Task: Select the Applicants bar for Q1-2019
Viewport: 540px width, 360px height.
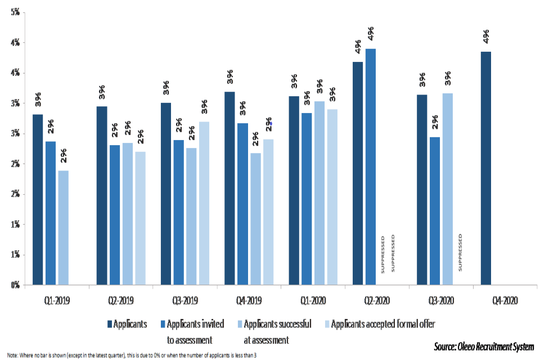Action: point(38,200)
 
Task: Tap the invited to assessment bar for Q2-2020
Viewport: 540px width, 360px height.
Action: point(370,166)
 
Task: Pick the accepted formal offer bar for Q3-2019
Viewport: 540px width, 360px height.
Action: point(204,203)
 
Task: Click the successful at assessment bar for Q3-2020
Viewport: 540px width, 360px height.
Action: point(447,189)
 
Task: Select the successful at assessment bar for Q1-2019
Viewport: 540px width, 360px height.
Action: point(64,227)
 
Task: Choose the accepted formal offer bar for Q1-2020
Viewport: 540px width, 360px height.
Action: point(332,197)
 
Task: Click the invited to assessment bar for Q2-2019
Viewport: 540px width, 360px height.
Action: point(115,215)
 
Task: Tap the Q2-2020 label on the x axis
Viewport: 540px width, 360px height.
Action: point(371,300)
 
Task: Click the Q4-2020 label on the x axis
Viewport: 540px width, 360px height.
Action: point(499,300)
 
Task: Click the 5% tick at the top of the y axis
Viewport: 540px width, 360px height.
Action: point(15,12)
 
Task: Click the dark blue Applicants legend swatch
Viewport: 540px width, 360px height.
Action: point(110,324)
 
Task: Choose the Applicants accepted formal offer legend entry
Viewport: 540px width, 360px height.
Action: point(382,324)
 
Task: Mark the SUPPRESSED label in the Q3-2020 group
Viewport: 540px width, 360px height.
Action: point(460,253)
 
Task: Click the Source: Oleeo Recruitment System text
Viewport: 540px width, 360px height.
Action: point(484,345)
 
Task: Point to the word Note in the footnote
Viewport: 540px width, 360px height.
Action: point(12,355)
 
